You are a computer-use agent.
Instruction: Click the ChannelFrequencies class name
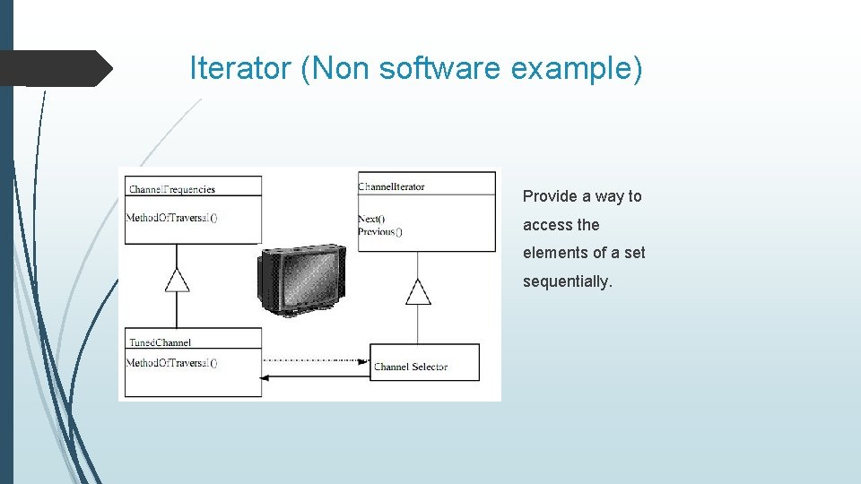coord(172,189)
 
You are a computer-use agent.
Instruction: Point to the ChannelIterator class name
coord(391,186)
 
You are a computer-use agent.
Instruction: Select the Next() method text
coord(371,219)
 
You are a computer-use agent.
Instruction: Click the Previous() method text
coord(379,231)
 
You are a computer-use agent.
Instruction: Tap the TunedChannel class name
coord(160,342)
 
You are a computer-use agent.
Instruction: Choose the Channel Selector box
coord(424,362)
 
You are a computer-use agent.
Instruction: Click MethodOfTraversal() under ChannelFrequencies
coord(171,217)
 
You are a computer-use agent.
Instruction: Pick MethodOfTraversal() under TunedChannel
coord(171,363)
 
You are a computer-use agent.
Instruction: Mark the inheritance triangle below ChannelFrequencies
coord(178,281)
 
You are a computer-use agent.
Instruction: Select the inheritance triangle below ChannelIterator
coord(418,292)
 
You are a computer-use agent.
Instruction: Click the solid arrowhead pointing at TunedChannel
coord(265,378)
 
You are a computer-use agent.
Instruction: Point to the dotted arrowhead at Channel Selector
coord(365,360)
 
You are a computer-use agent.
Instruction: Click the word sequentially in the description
coord(568,281)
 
